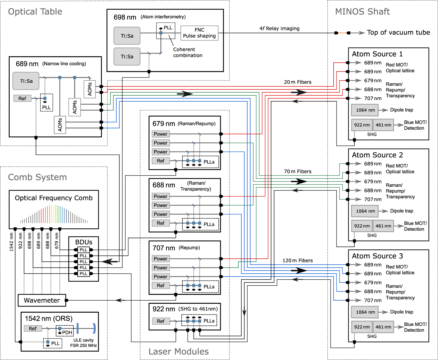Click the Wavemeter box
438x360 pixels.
point(42,300)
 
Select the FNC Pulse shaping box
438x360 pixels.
point(199,33)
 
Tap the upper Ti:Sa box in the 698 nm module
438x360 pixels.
point(127,36)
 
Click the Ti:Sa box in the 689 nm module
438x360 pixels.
point(26,81)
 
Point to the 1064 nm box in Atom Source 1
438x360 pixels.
point(365,110)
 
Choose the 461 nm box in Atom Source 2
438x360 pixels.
point(383,226)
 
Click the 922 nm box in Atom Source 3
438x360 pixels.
point(362,327)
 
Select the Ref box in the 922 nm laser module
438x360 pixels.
point(161,321)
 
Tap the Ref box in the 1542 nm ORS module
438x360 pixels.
point(33,328)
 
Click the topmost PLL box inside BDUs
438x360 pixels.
point(83,250)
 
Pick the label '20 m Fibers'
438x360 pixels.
point(298,82)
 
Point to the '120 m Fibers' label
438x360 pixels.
point(297,260)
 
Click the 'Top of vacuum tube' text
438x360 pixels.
point(398,33)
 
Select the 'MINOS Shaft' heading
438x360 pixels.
point(362,12)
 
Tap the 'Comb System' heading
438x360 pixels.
point(37,177)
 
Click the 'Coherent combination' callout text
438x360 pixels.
point(188,52)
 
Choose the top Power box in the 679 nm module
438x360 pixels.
point(161,134)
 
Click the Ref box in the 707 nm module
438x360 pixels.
point(161,285)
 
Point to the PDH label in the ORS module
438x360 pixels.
point(67,332)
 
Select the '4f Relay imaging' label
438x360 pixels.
point(279,29)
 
